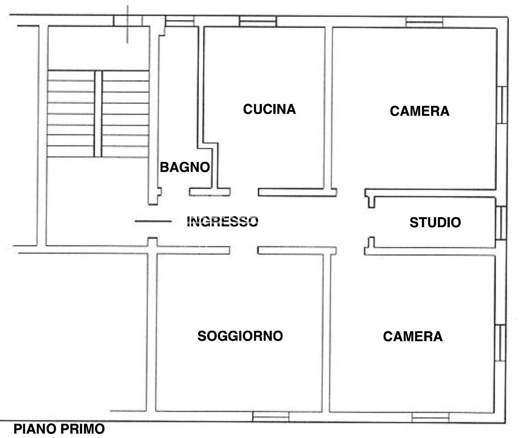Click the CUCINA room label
[x=269, y=109]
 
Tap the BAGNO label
[x=185, y=167]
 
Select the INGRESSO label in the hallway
[x=222, y=222]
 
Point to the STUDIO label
[x=435, y=222]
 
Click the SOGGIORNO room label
[x=240, y=336]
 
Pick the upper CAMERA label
[x=419, y=111]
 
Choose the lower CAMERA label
[x=413, y=336]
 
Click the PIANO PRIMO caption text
[x=59, y=429]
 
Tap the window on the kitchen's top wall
[x=258, y=21]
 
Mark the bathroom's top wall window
[x=180, y=21]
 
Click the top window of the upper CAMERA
[x=424, y=22]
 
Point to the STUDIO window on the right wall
[x=501, y=223]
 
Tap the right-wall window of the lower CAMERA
[x=500, y=343]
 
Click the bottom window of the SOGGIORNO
[x=271, y=417]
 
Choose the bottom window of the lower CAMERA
[x=430, y=417]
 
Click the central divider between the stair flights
[x=98, y=114]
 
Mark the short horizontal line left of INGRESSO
[x=153, y=221]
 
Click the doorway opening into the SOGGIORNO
[x=244, y=250]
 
